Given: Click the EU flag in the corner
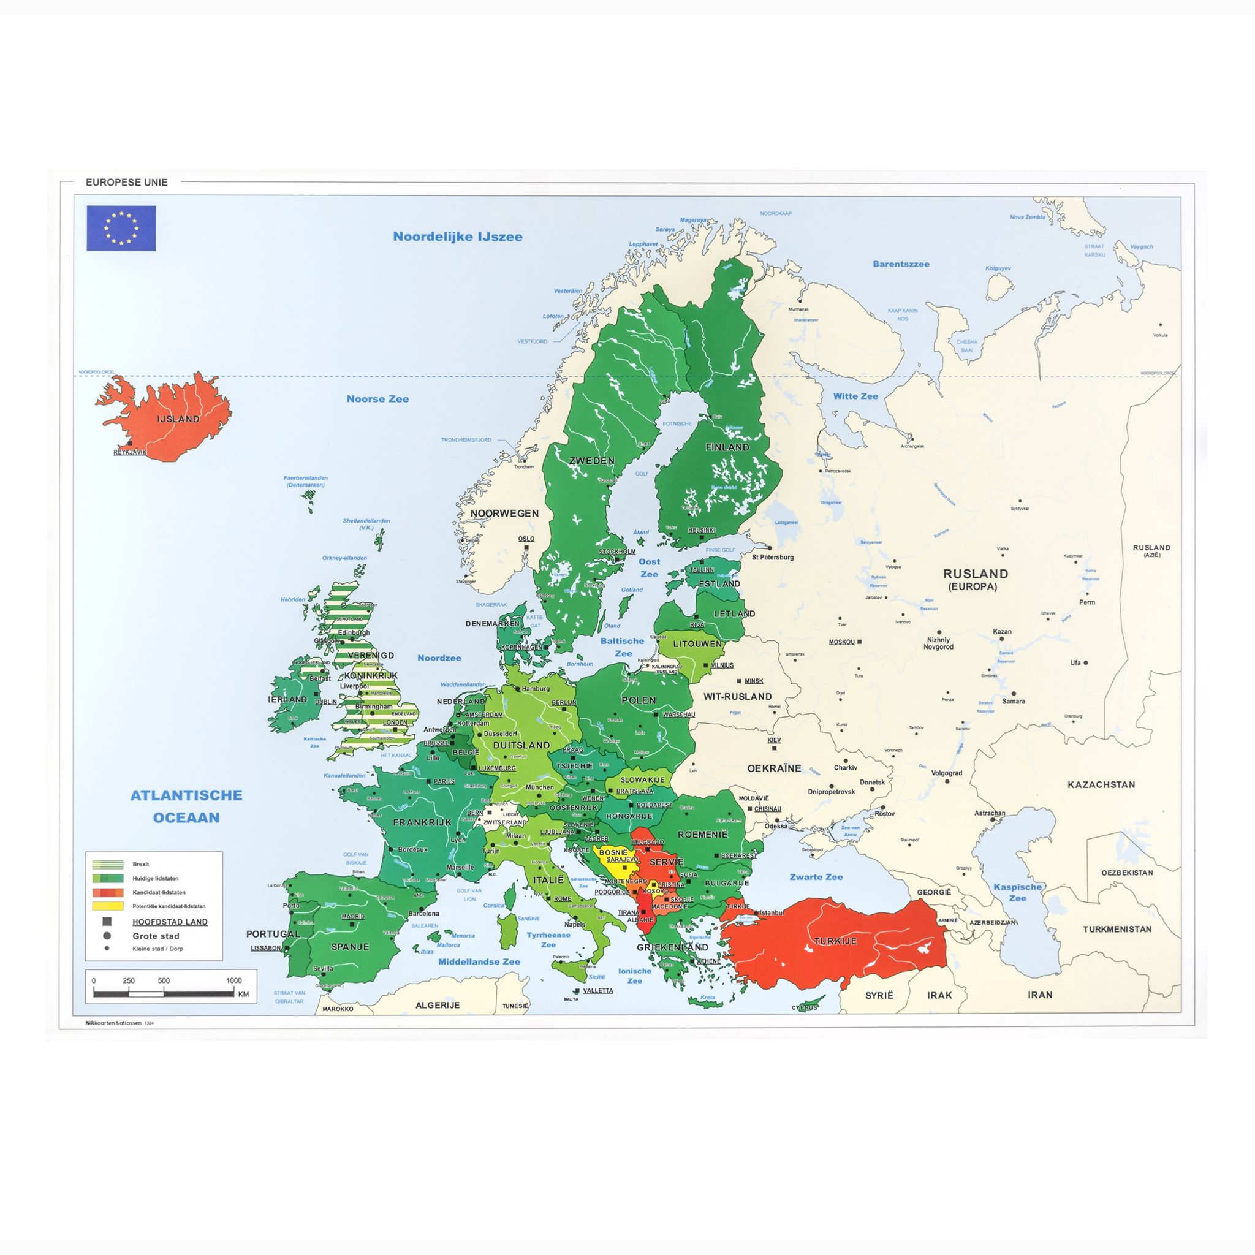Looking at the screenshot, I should click(x=121, y=228).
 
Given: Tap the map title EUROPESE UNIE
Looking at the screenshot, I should click(x=127, y=183).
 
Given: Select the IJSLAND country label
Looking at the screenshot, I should click(x=178, y=419).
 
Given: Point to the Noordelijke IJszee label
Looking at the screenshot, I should click(x=457, y=237).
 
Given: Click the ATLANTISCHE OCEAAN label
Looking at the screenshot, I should click(x=186, y=806).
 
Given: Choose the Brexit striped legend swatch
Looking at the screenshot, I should click(x=108, y=865).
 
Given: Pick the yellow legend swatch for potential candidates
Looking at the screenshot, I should click(x=108, y=906).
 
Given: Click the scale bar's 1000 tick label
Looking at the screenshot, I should click(x=234, y=981).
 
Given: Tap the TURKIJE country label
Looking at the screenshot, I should click(x=835, y=941).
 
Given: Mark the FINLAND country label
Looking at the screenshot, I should click(x=727, y=447).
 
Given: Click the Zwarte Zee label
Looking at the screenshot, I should click(x=816, y=877).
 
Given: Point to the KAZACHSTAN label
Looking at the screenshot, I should click(x=1101, y=785).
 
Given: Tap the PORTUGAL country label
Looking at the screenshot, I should click(x=273, y=934).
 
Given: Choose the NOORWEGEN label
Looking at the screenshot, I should click(x=505, y=513).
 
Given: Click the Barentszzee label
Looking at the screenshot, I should click(x=901, y=264).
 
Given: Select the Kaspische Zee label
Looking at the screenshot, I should click(x=1017, y=892).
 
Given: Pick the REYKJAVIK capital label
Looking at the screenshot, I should click(x=130, y=452).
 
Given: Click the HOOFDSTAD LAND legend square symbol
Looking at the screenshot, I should click(x=107, y=922).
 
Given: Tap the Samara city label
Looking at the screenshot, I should click(x=1014, y=702).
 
